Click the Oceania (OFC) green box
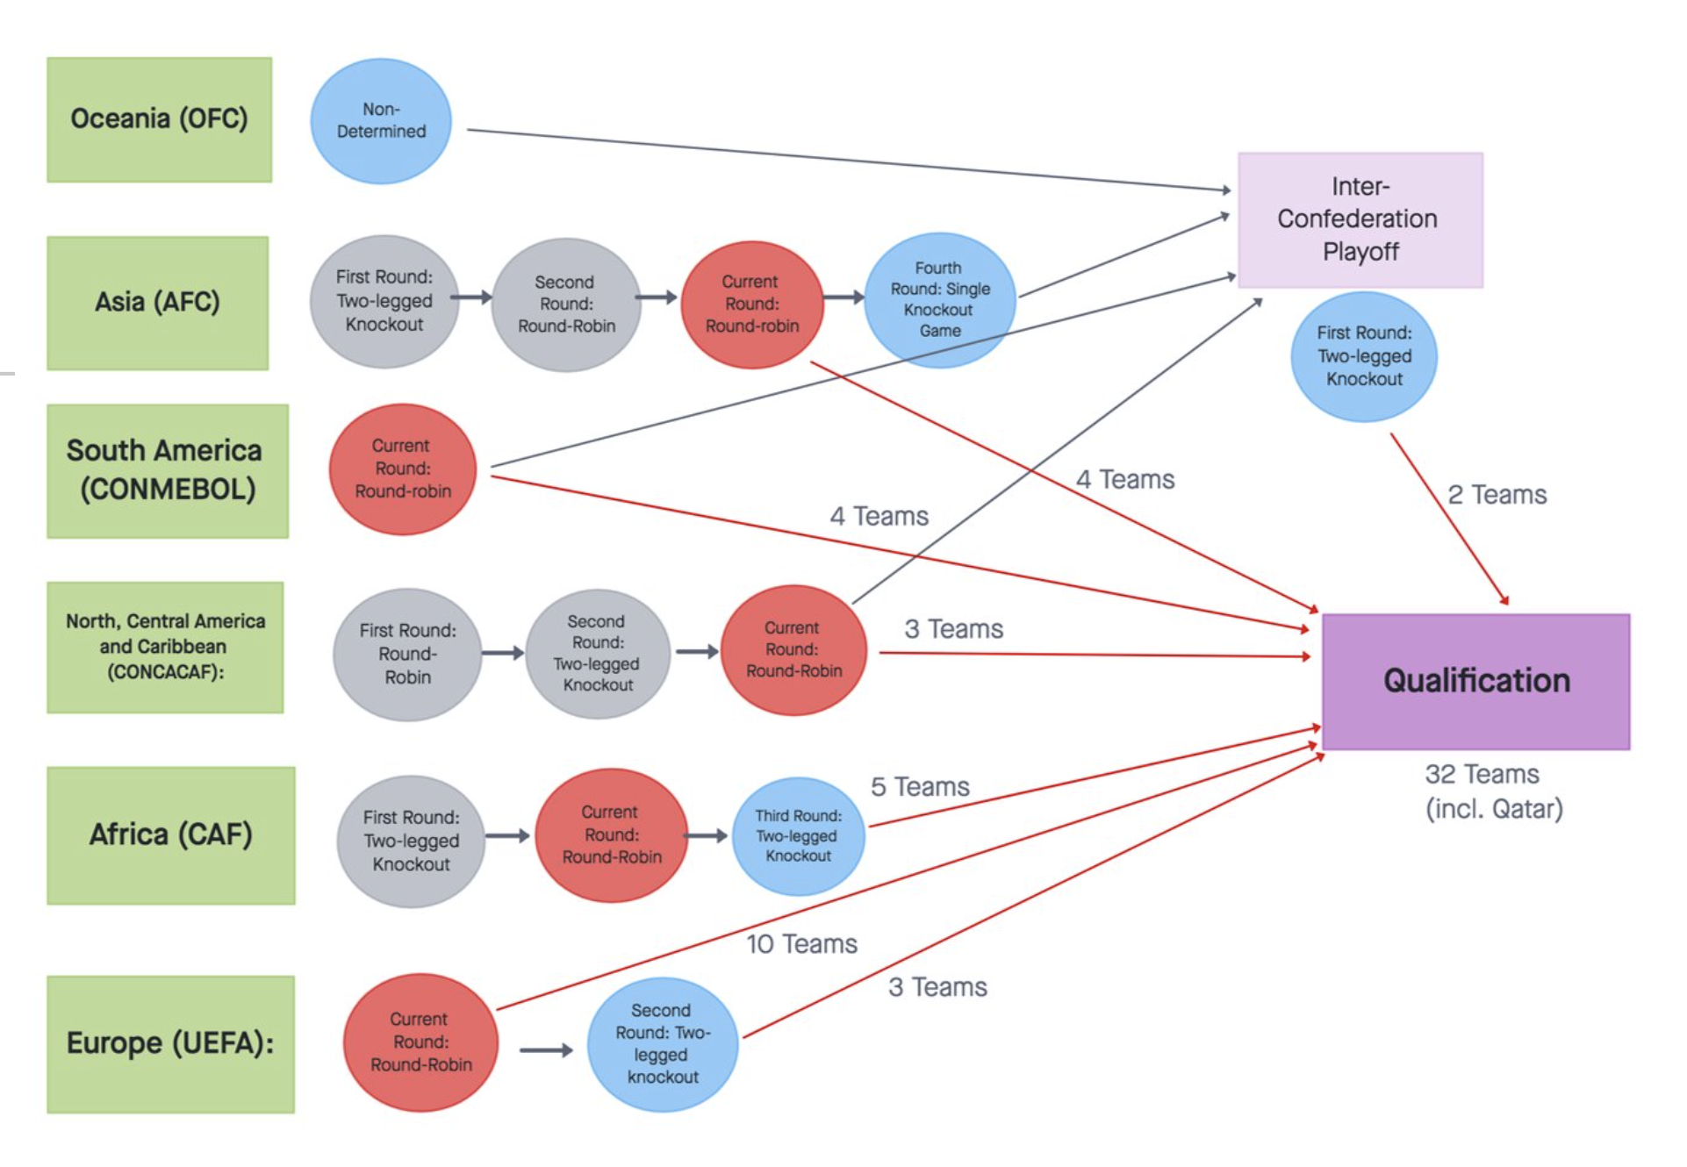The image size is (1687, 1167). click(159, 119)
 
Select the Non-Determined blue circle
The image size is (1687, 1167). click(381, 121)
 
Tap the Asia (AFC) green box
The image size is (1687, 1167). click(157, 303)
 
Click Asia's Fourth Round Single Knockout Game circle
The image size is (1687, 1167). click(939, 299)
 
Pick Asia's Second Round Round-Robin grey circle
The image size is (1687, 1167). click(566, 304)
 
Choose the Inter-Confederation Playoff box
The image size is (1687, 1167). click(1360, 219)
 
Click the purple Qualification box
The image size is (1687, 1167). click(1475, 681)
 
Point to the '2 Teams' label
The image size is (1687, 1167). click(1497, 495)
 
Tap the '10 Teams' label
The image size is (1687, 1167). click(801, 944)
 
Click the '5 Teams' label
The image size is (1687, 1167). click(919, 787)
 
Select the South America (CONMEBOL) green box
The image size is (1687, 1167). click(167, 470)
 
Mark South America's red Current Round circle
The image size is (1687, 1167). click(403, 469)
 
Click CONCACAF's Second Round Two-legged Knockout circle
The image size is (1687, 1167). click(598, 654)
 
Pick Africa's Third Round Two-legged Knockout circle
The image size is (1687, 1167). click(798, 836)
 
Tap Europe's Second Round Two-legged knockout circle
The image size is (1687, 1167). click(662, 1044)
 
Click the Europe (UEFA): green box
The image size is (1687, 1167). click(170, 1044)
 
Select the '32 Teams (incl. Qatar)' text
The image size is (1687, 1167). click(1492, 791)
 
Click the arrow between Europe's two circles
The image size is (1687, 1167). click(545, 1050)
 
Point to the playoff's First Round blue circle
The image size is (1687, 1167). click(1363, 356)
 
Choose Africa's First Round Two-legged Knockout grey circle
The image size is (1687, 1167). click(411, 841)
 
